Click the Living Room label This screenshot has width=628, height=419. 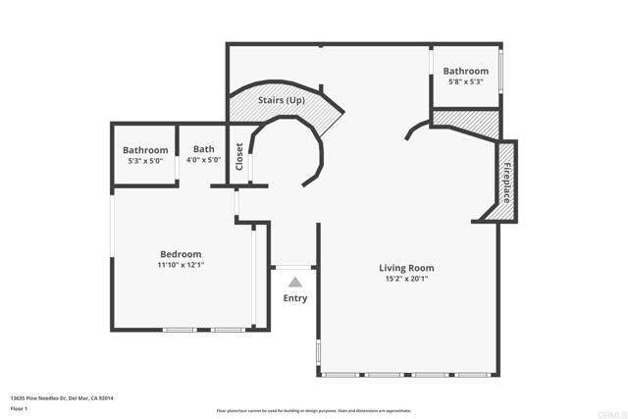406,268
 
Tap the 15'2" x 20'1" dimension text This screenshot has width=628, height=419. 406,279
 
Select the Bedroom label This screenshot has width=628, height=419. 181,254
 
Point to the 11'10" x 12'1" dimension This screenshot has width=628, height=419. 181,265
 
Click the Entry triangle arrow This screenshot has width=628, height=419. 294,282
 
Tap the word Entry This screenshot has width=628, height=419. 294,298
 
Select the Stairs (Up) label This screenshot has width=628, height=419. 281,100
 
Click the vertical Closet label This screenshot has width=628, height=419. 239,157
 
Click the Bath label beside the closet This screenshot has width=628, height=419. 204,149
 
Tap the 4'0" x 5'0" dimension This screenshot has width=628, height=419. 204,160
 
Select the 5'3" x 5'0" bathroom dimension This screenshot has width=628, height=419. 145,160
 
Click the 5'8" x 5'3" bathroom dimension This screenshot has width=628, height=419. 465,82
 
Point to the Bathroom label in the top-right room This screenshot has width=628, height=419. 465,72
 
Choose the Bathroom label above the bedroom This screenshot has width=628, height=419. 145,150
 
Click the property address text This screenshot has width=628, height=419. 62,397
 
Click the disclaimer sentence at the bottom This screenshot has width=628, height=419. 314,410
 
